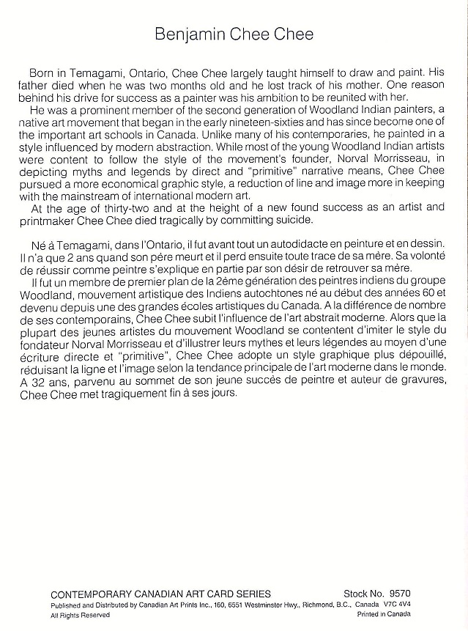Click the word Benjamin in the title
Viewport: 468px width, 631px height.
193,34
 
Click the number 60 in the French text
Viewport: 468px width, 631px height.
428,300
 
